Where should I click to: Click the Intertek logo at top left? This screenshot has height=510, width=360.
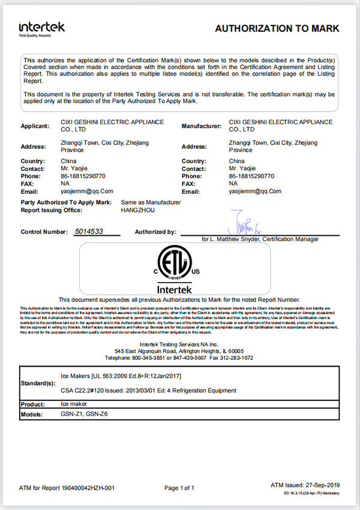(41, 28)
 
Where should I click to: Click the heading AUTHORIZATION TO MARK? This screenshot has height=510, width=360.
(277, 28)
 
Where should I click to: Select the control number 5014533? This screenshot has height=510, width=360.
(88, 231)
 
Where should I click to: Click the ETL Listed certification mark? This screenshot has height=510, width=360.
(177, 268)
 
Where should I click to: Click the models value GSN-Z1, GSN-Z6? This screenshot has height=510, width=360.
(85, 415)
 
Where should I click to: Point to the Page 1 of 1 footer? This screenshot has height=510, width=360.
(179, 488)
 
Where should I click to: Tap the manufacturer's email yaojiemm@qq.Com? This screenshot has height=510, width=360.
(255, 191)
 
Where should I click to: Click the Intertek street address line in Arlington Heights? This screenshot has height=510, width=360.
(179, 350)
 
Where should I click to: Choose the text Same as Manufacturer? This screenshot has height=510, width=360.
(151, 203)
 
